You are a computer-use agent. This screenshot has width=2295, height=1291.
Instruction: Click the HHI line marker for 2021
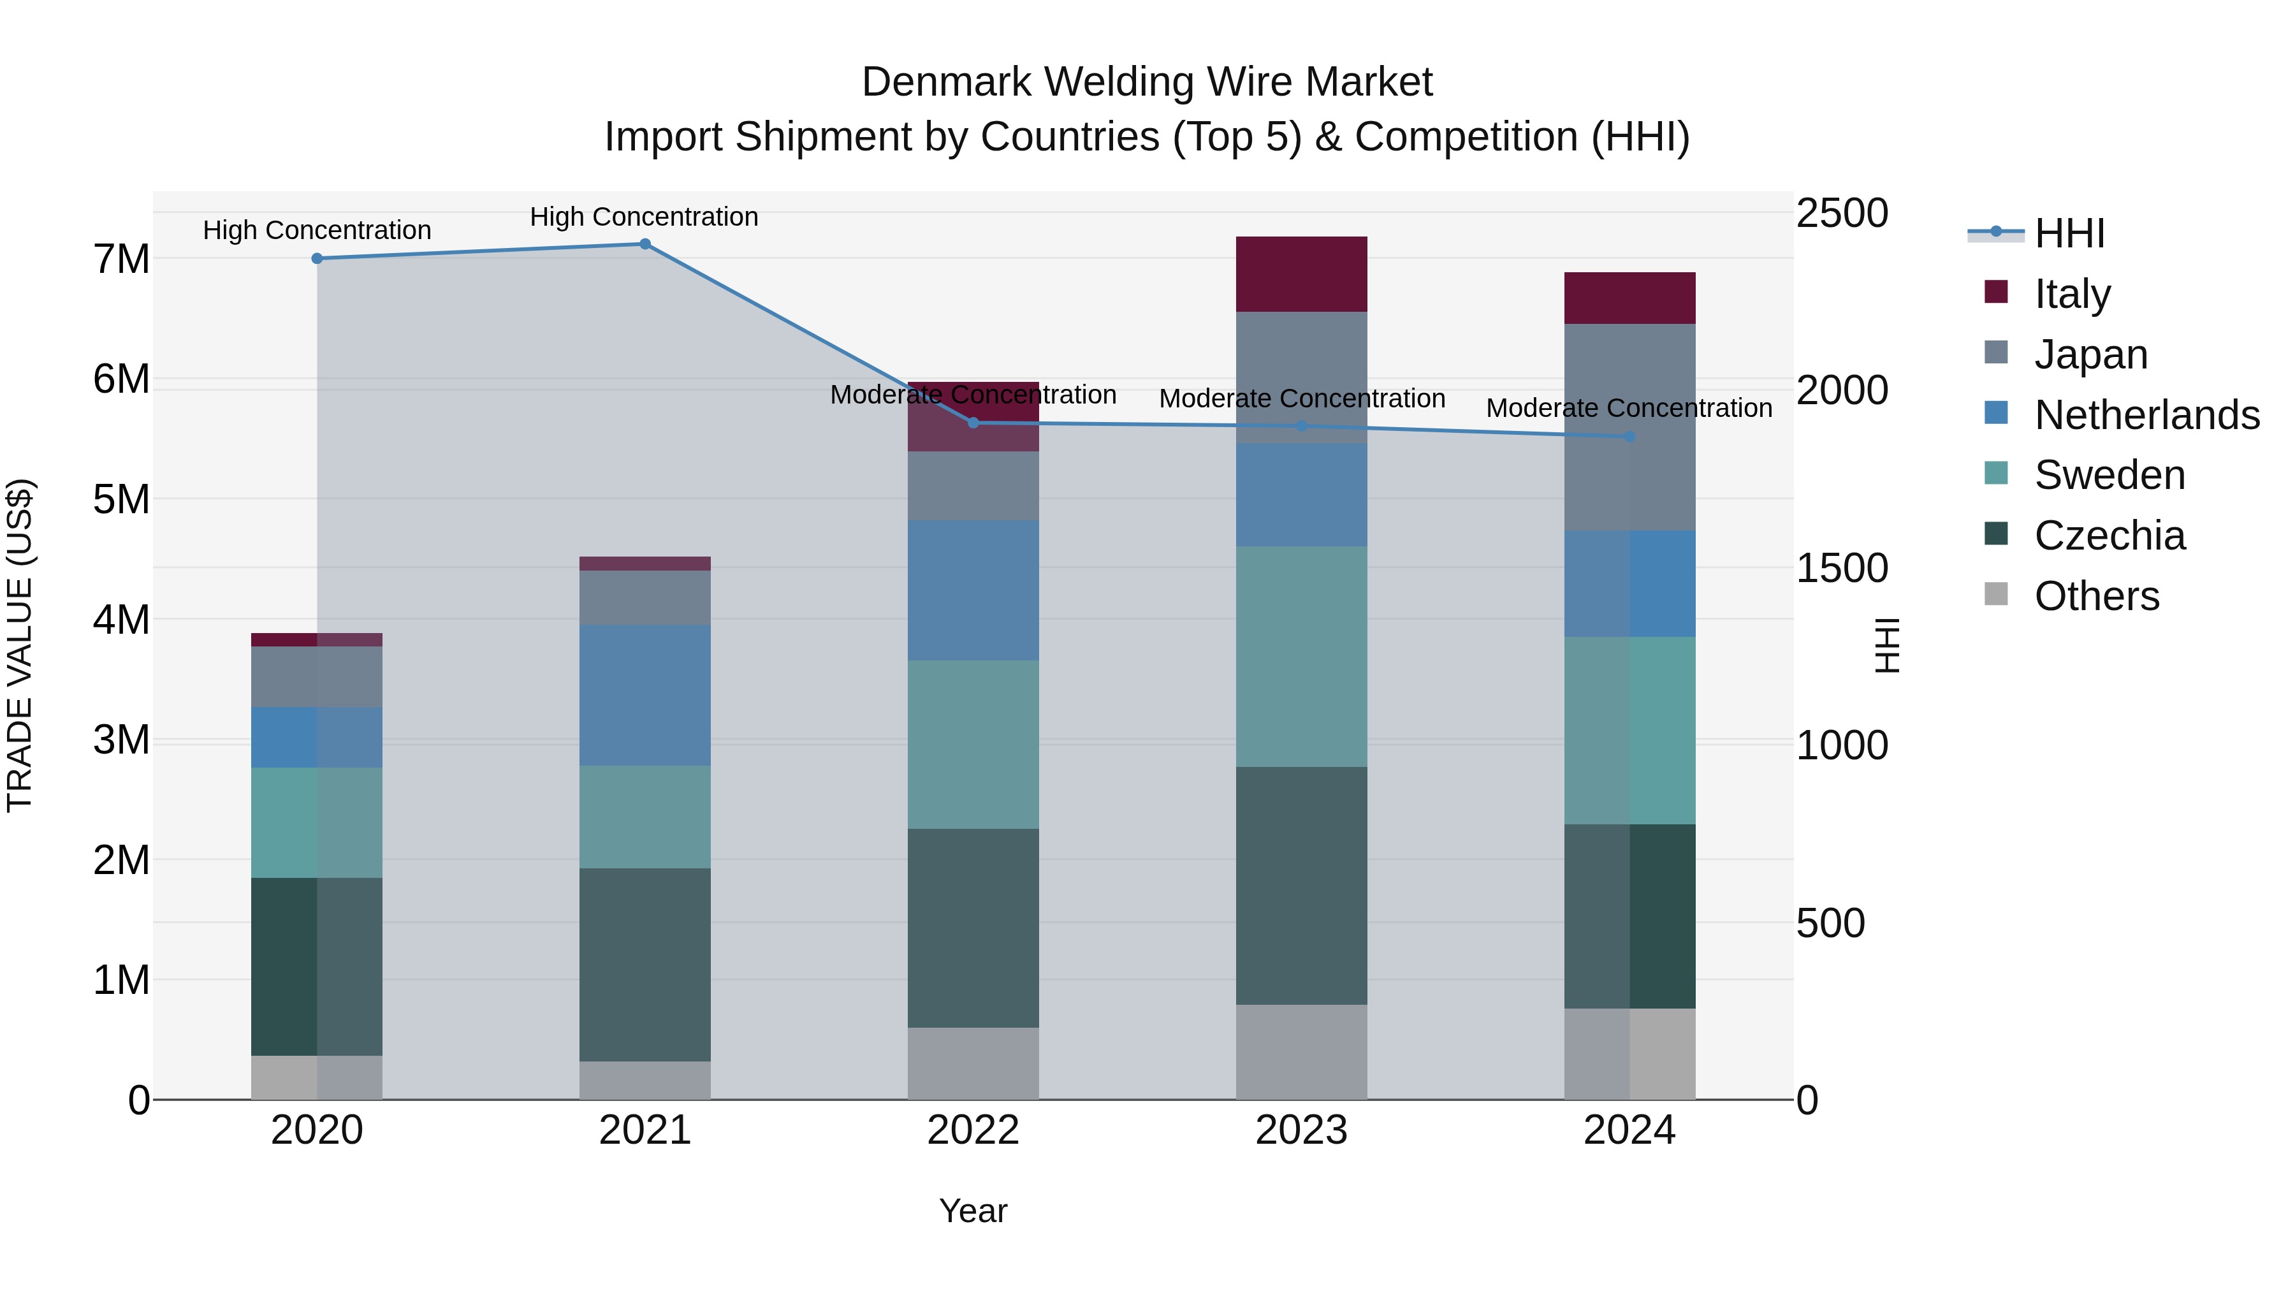645,244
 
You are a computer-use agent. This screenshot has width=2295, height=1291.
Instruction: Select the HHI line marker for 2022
973,423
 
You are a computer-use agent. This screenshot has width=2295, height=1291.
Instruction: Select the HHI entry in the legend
2069,233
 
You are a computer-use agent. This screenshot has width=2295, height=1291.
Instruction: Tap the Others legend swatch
1997,594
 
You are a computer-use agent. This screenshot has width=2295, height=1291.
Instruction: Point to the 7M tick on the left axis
121,259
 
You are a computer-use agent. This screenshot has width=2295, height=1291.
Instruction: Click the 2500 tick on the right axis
1840,214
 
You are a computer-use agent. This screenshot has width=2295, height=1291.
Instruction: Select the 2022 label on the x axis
973,1130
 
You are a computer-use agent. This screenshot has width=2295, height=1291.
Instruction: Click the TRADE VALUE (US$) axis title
20,645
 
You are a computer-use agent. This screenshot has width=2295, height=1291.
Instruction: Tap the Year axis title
973,1211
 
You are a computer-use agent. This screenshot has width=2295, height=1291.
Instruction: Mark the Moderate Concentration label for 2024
1629,408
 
